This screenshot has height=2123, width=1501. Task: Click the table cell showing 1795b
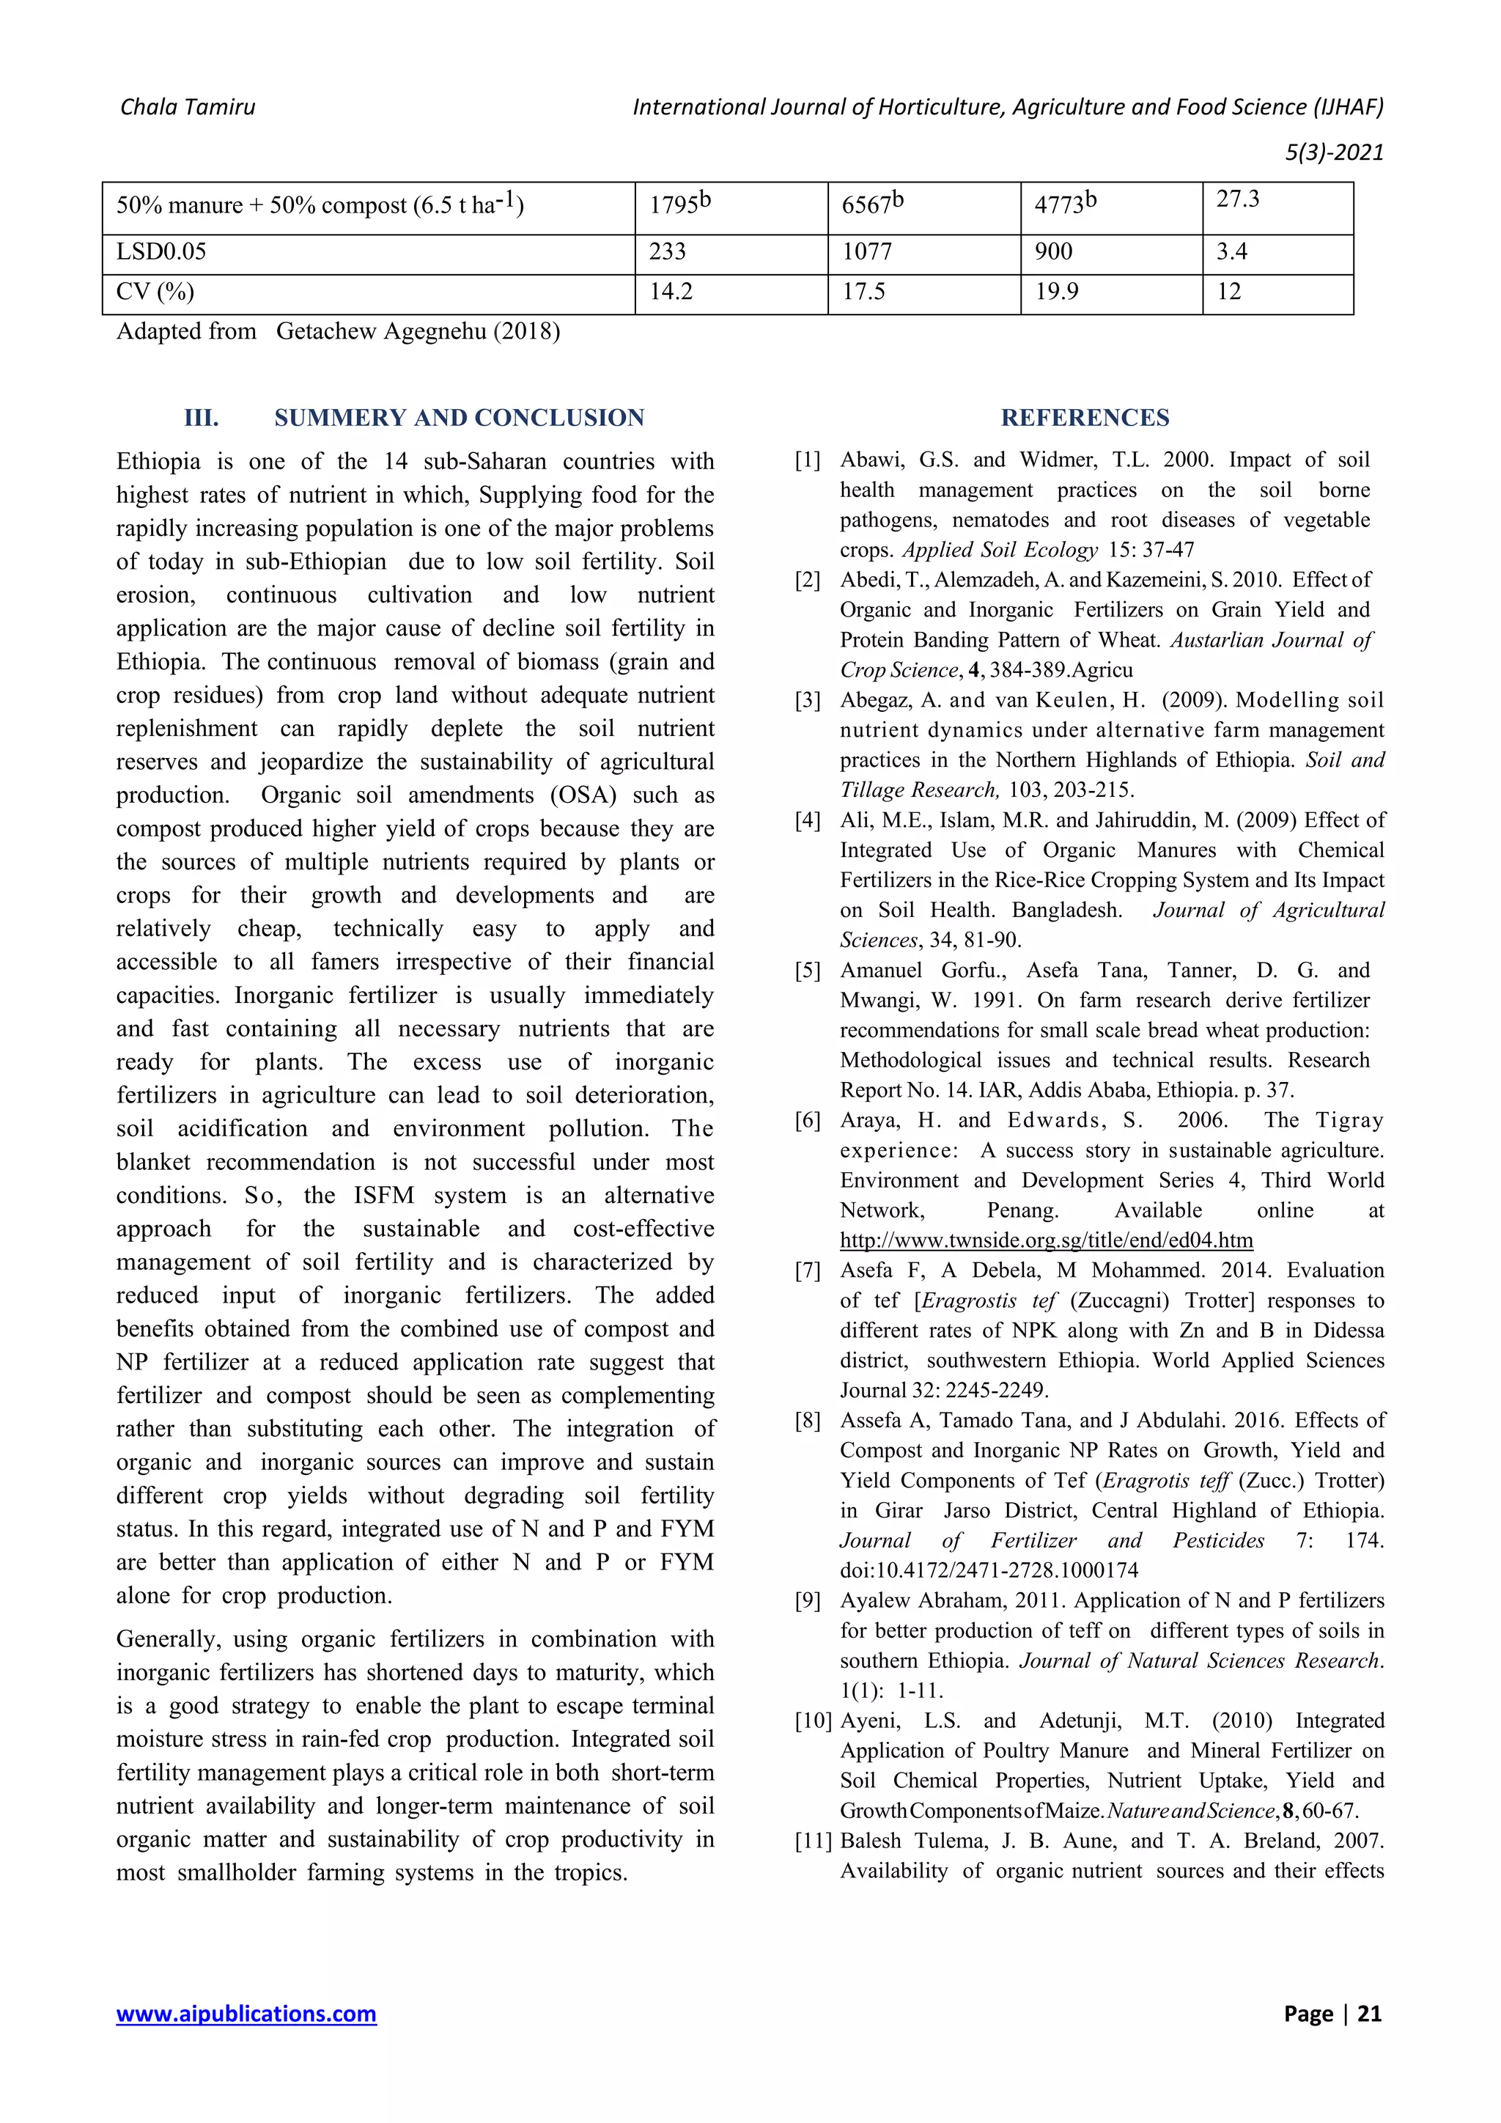[x=680, y=205]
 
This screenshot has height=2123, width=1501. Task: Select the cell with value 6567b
[x=871, y=205]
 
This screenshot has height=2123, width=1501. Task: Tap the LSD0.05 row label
[x=162, y=251]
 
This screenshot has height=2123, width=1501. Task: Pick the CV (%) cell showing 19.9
[x=1055, y=292]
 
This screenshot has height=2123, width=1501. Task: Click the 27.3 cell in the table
[x=1238, y=199]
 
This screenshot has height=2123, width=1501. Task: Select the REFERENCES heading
[x=1085, y=418]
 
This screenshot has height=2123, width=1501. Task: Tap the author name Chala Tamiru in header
[x=188, y=107]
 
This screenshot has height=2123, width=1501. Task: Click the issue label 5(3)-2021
[x=1334, y=152]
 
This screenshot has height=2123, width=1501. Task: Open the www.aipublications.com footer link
[x=246, y=2013]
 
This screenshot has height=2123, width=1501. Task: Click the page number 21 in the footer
[x=1369, y=2013]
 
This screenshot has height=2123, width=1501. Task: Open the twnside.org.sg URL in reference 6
[x=1047, y=1240]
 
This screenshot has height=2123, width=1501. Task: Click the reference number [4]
[x=808, y=820]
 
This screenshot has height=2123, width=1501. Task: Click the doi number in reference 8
[x=989, y=1570]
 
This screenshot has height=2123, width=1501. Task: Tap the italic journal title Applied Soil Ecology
[x=1000, y=550]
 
